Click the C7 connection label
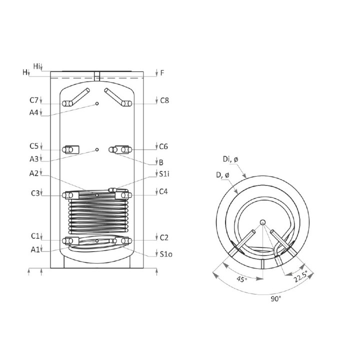coord(34,100)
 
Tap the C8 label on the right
coord(164,100)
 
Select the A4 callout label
coord(34,112)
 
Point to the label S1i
coord(164,174)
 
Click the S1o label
coord(166,254)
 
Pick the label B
coord(161,162)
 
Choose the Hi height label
coord(36,66)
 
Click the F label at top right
coord(162,73)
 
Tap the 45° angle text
coord(242,279)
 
